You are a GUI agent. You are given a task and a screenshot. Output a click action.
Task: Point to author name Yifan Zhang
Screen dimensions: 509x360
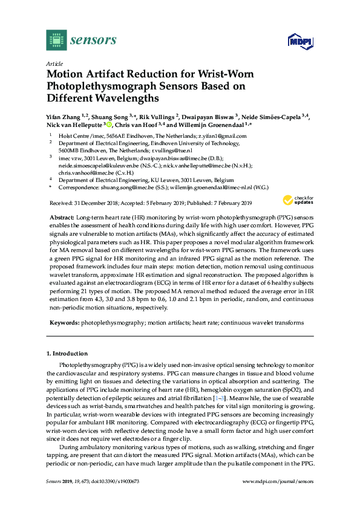64,117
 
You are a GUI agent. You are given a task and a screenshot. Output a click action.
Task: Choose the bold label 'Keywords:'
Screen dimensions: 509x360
63,323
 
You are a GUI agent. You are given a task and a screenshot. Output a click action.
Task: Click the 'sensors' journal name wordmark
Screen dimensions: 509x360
93,41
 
